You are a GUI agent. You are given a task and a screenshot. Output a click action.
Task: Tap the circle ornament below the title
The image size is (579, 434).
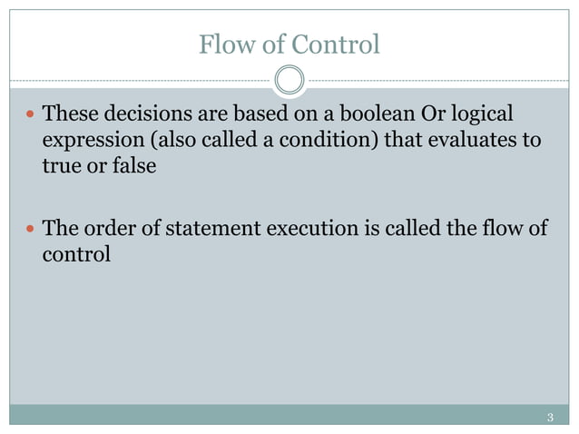(x=289, y=81)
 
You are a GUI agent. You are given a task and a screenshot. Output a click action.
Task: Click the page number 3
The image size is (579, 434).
(x=551, y=418)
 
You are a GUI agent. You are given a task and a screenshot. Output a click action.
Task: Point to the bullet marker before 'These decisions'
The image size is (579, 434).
(x=30, y=115)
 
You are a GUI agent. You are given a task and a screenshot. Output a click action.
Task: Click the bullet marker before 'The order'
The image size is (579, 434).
(x=30, y=227)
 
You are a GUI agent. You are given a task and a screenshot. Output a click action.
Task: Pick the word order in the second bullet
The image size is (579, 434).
(x=103, y=227)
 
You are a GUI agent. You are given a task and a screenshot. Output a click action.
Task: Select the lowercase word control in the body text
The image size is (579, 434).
(x=76, y=253)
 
